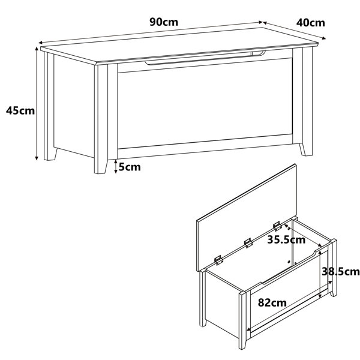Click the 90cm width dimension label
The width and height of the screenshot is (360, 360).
coord(164,22)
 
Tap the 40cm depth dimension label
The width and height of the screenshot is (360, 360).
coord(310,23)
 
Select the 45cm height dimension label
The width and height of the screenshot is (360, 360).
coord(20,110)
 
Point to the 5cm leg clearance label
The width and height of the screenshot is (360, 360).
coord(130,167)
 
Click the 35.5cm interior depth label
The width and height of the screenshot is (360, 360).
coord(286,240)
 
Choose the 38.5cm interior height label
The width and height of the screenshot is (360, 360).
coord(340,272)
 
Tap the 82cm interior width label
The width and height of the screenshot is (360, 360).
coord(272,302)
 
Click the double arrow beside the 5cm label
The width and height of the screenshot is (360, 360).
coord(116,167)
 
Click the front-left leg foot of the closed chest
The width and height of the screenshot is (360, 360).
coord(101,167)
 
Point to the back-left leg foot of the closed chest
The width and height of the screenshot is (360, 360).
coord(50,154)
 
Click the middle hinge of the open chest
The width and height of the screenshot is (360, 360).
coord(248,243)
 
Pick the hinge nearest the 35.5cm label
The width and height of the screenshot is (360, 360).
coord(277,226)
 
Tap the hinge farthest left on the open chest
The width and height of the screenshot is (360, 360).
coord(218,260)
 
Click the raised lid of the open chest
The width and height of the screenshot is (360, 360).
coord(247,217)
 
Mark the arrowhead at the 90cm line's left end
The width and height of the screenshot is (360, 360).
coord(40,43)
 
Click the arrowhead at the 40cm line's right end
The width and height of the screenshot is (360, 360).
coord(324,38)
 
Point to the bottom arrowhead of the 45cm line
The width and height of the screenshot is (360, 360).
coord(37,158)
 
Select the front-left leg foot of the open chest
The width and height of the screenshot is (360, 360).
coord(242,343)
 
